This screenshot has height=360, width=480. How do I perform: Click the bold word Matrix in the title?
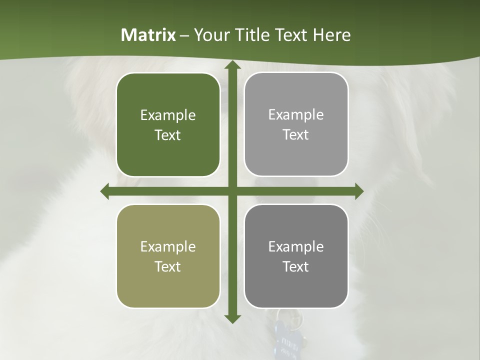(x=148, y=35)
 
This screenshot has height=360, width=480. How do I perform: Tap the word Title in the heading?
(x=251, y=35)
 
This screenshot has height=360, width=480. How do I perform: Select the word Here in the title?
(x=332, y=35)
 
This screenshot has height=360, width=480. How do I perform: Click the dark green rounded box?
(x=168, y=125)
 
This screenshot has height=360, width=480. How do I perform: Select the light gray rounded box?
(x=296, y=124)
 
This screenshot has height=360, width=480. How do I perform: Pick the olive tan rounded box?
(x=168, y=256)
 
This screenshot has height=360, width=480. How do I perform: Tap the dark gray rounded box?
(x=296, y=256)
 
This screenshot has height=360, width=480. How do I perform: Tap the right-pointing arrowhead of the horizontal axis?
(x=358, y=191)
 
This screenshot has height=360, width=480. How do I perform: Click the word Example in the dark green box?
(x=168, y=115)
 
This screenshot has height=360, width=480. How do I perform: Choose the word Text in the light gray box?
(x=296, y=135)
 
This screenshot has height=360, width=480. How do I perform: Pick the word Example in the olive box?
(x=168, y=247)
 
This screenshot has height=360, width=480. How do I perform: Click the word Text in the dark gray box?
(x=296, y=267)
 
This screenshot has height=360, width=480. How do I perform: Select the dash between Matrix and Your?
(x=184, y=35)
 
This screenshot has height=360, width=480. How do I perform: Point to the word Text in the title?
(x=290, y=35)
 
